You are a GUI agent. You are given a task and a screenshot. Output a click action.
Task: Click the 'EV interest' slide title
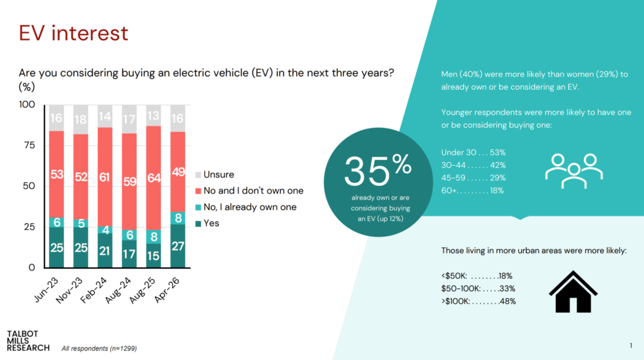click(73, 33)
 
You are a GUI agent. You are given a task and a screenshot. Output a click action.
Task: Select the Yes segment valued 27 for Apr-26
click(178, 246)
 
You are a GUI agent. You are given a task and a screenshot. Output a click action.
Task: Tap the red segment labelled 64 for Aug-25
click(154, 178)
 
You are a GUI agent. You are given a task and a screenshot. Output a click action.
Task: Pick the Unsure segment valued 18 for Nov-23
click(80, 120)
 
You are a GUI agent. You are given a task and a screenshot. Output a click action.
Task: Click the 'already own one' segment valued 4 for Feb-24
click(105, 229)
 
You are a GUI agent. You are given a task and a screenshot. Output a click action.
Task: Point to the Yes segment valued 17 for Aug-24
click(129, 254)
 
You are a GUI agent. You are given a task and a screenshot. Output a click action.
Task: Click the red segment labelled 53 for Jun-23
click(56, 174)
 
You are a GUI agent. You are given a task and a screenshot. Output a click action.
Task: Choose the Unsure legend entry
click(215, 175)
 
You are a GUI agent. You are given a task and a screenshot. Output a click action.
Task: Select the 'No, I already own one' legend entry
click(246, 207)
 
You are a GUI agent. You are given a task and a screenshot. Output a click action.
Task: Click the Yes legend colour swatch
click(198, 224)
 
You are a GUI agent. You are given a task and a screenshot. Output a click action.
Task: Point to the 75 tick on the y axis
click(29, 145)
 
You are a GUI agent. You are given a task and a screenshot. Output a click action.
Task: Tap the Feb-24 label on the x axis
click(94, 290)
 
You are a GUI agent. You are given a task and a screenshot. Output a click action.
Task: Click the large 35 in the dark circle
click(367, 171)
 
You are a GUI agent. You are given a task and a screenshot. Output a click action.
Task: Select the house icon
click(573, 292)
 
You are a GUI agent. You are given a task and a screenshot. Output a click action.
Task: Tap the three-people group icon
click(574, 171)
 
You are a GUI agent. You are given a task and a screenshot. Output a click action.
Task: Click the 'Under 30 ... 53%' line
click(473, 153)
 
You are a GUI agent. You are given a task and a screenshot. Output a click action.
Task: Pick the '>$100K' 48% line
click(478, 301)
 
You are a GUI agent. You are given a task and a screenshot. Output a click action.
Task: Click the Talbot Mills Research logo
click(28, 341)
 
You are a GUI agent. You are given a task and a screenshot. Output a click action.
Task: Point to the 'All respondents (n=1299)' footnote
click(99, 349)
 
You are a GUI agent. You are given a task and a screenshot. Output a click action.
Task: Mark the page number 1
click(631, 346)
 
